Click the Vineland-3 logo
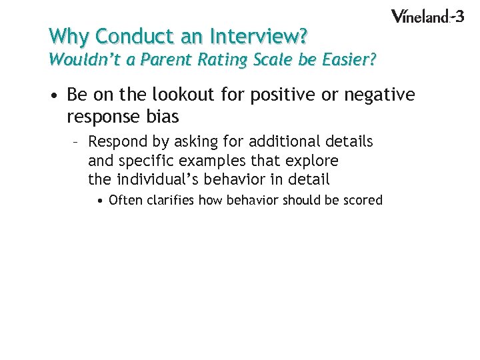click(427, 16)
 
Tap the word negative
click(379, 96)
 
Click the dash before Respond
click(77, 142)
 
